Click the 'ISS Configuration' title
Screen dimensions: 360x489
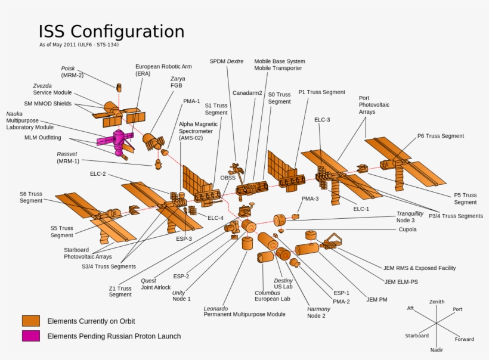[x=112, y=32]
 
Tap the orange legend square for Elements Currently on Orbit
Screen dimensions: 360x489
[x=31, y=321]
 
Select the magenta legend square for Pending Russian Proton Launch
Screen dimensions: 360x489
[x=31, y=336]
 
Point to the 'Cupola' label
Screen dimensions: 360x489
[x=407, y=229]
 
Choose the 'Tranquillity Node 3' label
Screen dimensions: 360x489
[x=410, y=217]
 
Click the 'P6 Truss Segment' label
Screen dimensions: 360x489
[x=440, y=136]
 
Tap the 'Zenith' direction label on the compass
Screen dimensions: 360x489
[x=437, y=302]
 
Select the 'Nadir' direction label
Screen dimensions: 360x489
[x=437, y=350]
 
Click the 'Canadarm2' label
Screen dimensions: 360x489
[x=247, y=93]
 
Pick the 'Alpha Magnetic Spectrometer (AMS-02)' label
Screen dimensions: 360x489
[x=199, y=131]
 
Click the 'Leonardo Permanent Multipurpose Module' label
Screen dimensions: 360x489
[x=244, y=311]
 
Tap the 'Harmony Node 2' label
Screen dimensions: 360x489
[x=318, y=312]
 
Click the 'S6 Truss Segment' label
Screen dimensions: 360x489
[x=31, y=197]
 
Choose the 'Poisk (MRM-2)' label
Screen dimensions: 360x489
[x=72, y=72]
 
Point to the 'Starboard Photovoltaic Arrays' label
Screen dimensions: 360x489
[x=88, y=253]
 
